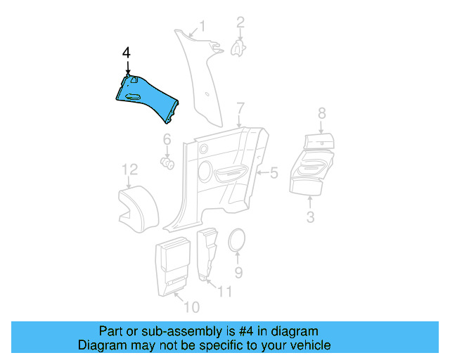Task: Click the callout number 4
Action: (x=127, y=53)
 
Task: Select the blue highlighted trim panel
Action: (x=147, y=97)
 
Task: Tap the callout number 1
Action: (x=202, y=27)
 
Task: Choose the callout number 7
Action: (x=240, y=108)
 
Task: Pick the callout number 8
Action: (x=321, y=112)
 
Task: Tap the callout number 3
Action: (x=310, y=217)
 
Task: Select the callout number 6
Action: (x=167, y=140)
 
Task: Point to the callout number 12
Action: (x=129, y=169)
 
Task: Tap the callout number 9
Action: (x=238, y=271)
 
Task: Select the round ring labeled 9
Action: (x=238, y=242)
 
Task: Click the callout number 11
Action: (x=224, y=291)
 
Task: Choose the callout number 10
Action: (x=191, y=307)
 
